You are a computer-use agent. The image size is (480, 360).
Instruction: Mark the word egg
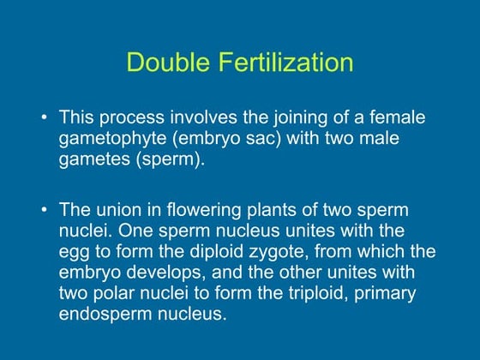click(x=75, y=252)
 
